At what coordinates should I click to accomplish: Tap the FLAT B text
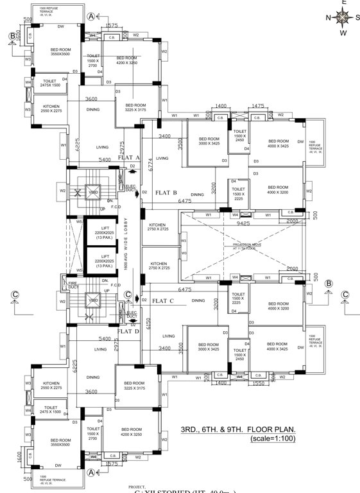tap(166, 192)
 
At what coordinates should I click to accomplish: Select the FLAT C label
tap(164, 300)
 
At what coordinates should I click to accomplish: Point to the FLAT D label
tap(129, 331)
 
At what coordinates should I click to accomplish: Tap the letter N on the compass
tap(329, 17)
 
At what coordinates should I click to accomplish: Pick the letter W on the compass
tap(343, 32)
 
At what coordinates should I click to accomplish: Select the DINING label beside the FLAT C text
tap(198, 300)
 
